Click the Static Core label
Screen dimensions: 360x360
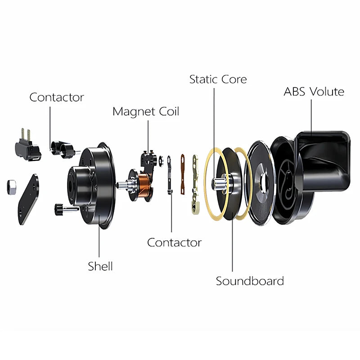tap(218, 80)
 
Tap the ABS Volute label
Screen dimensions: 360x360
tap(314, 92)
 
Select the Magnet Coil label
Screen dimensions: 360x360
tap(145, 111)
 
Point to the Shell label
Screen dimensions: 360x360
tap(100, 266)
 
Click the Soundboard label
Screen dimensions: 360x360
tap(250, 281)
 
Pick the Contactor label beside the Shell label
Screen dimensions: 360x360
tap(174, 243)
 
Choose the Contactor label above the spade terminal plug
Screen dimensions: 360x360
tap(57, 97)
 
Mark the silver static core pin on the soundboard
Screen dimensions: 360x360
tap(220, 184)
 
